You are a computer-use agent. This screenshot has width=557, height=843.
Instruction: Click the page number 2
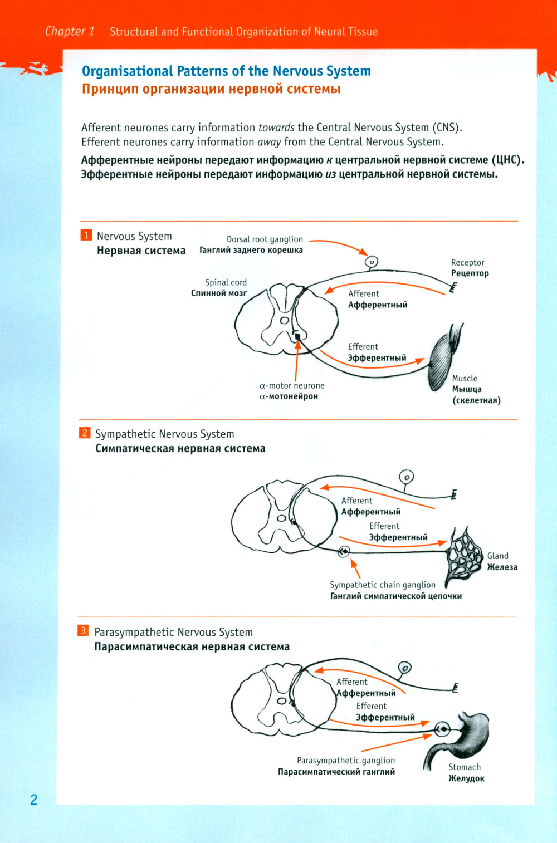tap(34, 800)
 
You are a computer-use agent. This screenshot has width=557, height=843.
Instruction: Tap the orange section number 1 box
tap(86, 235)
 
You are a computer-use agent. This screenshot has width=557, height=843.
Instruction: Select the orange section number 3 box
tap(83, 630)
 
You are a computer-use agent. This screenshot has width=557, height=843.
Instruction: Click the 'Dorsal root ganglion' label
tap(265, 239)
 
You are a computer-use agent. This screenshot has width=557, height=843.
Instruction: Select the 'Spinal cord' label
tap(226, 282)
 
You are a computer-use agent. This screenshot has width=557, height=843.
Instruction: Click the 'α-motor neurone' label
tap(292, 385)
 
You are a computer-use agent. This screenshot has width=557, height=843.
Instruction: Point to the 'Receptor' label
tap(467, 263)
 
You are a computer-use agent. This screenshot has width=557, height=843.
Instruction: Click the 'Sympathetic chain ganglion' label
tap(383, 585)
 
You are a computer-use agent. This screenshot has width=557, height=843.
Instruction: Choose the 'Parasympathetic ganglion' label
tap(346, 761)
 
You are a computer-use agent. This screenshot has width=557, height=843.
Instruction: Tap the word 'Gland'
tap(497, 556)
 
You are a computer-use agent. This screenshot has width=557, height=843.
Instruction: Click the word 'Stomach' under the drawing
tap(465, 767)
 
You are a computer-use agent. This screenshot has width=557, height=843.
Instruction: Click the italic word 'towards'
tap(276, 128)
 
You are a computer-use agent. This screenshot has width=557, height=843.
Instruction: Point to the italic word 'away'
tap(269, 142)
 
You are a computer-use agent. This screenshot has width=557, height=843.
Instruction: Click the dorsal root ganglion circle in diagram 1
tap(371, 262)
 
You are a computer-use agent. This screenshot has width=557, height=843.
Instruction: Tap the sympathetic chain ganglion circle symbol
tap(344, 552)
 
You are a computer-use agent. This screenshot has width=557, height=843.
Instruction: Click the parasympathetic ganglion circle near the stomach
tap(442, 729)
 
